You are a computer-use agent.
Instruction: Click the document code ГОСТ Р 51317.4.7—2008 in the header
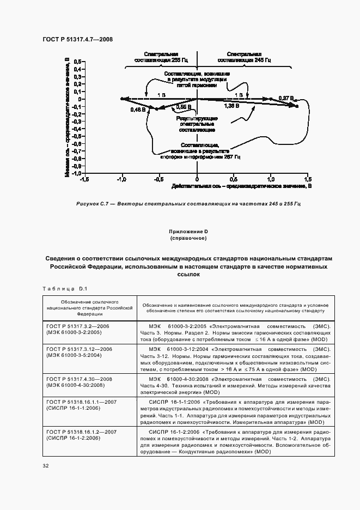(x=77, y=40)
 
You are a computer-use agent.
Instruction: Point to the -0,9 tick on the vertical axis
(x=75, y=166)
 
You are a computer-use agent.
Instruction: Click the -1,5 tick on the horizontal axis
(x=84, y=179)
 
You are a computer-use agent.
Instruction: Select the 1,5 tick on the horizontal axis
(x=308, y=179)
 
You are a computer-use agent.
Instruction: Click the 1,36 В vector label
(x=231, y=107)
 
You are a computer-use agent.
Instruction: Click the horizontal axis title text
(x=241, y=186)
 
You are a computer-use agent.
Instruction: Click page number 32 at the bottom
(x=46, y=466)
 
